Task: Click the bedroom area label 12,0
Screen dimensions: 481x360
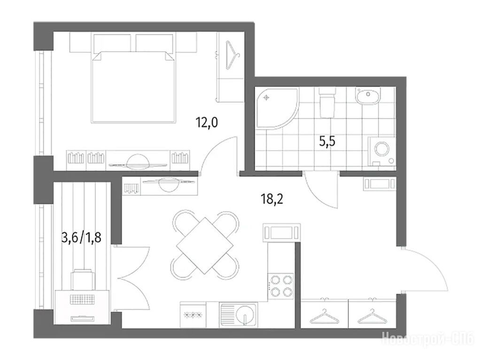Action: [207, 123]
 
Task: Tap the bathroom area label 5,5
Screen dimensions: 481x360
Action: [327, 142]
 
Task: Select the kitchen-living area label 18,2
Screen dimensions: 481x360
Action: [272, 199]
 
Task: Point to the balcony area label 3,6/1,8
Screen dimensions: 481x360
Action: [81, 237]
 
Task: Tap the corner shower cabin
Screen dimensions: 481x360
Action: [277, 108]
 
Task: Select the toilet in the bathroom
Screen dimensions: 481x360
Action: [327, 103]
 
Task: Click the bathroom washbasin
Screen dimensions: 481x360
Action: [368, 96]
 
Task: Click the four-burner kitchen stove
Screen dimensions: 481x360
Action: [281, 286]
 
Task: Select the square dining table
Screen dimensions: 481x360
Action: [205, 245]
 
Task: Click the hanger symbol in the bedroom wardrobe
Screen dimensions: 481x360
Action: [232, 55]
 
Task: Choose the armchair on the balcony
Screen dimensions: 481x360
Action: [83, 279]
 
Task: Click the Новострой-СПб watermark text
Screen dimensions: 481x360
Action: [427, 340]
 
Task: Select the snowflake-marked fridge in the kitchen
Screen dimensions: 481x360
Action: [193, 314]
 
